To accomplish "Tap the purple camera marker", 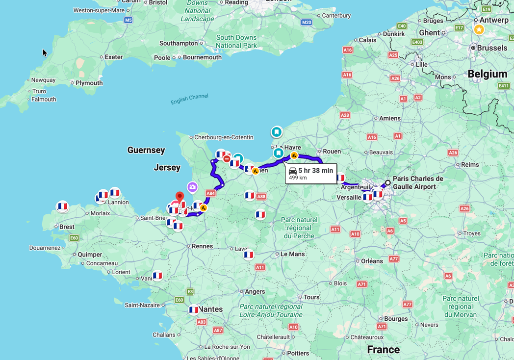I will tap(192, 187).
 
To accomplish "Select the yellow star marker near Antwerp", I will tap(479, 29).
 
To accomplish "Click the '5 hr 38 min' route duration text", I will tap(315, 171).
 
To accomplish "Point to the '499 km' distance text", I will tap(298, 178).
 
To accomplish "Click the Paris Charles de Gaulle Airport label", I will tap(417, 182).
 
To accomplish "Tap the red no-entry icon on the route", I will tap(227, 159).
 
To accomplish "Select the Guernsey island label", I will tap(146, 150).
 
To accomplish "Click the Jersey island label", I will tap(167, 168).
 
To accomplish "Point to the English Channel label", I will tap(189, 99).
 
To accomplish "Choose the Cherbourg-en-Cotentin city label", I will tap(224, 137).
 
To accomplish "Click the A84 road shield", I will tap(210, 193).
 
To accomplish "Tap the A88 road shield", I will tap(261, 197).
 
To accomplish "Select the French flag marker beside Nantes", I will tap(194, 309).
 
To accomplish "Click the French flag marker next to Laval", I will tap(249, 255).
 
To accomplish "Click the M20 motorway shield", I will tap(307, 22).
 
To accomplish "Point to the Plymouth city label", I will tap(89, 83).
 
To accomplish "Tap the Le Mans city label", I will tap(293, 254).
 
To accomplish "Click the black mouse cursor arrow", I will tap(45, 52).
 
